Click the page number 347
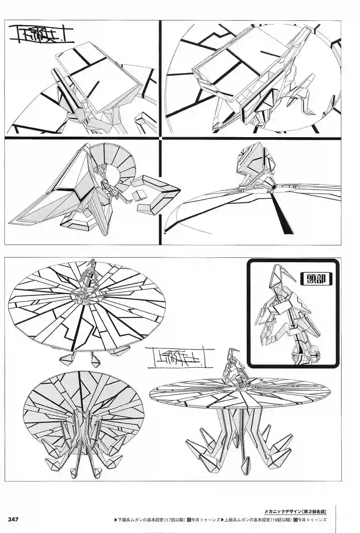click(13, 519)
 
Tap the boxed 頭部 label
click(316, 279)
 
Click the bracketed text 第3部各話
click(315, 511)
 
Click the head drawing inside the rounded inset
click(288, 314)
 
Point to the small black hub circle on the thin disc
click(273, 189)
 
